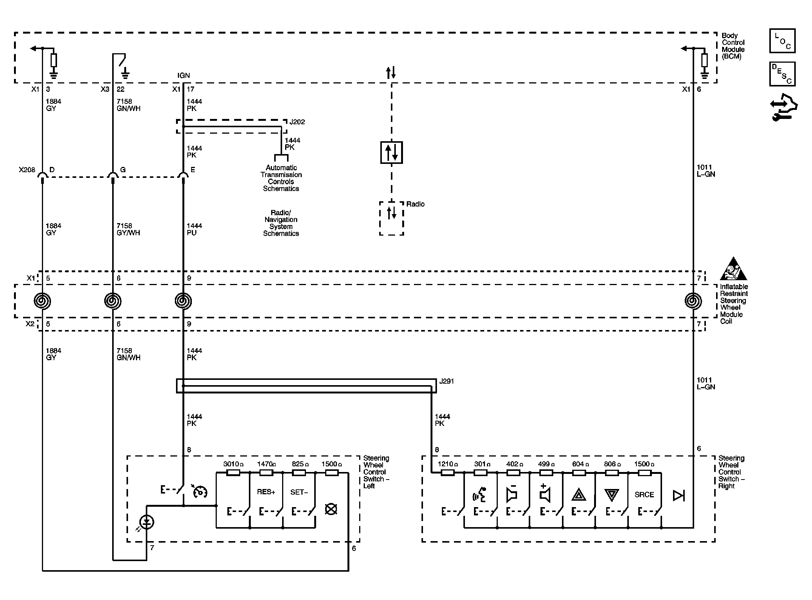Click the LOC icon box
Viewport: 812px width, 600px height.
(x=782, y=41)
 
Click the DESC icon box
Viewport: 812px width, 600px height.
(x=782, y=74)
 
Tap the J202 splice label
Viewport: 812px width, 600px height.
(x=297, y=122)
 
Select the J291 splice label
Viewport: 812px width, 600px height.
(x=446, y=381)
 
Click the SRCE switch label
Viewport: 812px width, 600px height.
(x=644, y=495)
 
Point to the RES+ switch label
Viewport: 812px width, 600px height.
(x=266, y=492)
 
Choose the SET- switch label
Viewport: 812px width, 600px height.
(x=299, y=492)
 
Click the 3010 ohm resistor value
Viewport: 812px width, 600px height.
(x=233, y=464)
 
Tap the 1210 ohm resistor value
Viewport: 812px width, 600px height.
(x=448, y=464)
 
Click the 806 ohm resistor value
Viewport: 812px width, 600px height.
(x=612, y=464)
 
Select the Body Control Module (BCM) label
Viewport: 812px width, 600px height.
(x=733, y=46)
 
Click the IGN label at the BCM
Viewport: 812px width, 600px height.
(x=184, y=76)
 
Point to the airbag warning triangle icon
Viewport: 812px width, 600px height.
(x=733, y=269)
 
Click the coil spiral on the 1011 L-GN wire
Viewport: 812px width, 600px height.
(x=693, y=301)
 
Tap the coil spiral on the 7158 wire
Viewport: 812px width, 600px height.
(x=113, y=301)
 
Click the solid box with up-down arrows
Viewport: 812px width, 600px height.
(x=391, y=153)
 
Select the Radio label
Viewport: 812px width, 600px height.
(x=415, y=204)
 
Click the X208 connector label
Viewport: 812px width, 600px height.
(x=27, y=170)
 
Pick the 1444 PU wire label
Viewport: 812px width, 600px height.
(x=194, y=230)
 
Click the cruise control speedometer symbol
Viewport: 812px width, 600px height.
(x=200, y=491)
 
